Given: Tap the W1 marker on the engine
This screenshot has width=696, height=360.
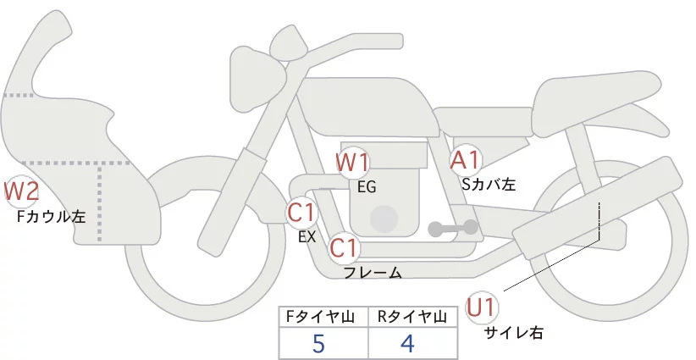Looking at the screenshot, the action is click(352, 162).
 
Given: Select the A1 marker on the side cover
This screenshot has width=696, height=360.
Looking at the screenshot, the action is click(465, 160).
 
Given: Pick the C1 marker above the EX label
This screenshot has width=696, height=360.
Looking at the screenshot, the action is click(301, 212).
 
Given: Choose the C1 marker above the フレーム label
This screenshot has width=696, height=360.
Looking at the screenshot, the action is click(344, 249).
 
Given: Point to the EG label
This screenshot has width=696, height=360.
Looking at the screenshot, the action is click(367, 186).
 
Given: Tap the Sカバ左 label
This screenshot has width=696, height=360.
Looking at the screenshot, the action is click(489, 182).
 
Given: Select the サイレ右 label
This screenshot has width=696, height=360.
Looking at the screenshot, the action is click(513, 332).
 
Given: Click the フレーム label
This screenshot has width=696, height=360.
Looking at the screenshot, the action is click(373, 272).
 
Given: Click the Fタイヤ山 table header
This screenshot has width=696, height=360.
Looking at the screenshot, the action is click(323, 318).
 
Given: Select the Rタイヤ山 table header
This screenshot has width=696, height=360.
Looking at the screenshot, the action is click(412, 318).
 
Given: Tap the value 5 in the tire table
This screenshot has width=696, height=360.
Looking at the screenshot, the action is click(319, 344).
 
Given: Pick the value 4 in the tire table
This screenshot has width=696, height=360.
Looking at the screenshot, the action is click(407, 344).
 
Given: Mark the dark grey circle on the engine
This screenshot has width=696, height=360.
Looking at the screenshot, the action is click(385, 218).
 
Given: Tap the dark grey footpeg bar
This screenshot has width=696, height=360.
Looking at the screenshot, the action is click(453, 227).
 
